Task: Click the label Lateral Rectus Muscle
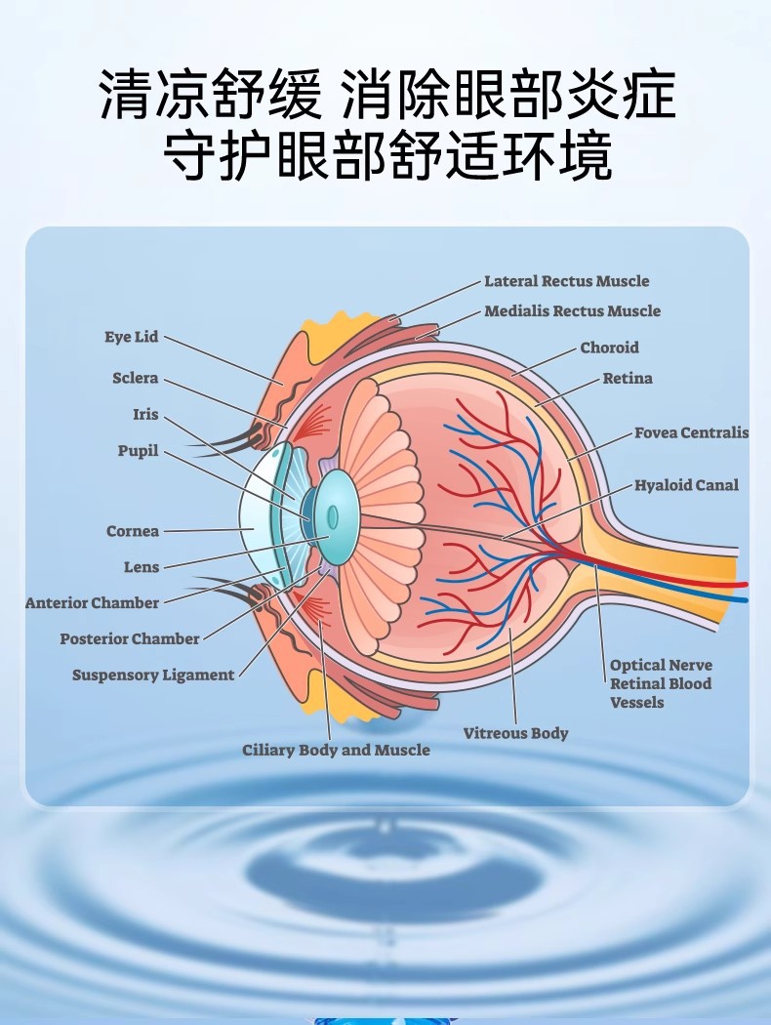(566, 281)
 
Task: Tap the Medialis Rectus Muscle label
(572, 311)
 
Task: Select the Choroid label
(609, 348)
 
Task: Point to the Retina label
(627, 379)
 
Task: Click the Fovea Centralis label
(691, 432)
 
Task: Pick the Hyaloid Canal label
(686, 485)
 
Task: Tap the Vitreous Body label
(515, 733)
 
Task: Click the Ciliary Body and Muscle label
(336, 750)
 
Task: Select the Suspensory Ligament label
(153, 675)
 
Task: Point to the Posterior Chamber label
(130, 638)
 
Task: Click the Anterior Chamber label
(92, 603)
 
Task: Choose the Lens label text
(142, 567)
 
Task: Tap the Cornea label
(133, 531)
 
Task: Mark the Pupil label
(138, 452)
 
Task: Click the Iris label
(145, 415)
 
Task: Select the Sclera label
(135, 379)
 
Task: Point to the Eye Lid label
(131, 337)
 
